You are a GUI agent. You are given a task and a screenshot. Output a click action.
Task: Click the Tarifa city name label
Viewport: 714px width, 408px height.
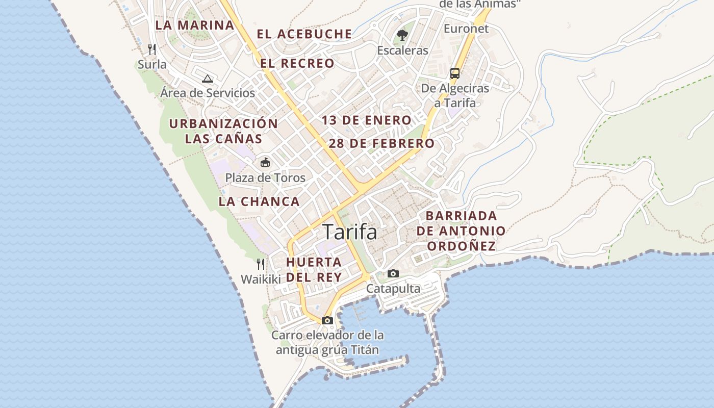(x=350, y=232)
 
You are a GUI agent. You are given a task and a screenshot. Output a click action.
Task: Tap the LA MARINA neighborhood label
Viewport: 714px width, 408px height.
(x=195, y=24)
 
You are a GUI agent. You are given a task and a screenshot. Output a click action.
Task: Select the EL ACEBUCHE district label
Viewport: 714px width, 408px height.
(x=304, y=34)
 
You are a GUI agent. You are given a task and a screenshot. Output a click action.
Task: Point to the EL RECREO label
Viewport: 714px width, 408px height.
(x=297, y=64)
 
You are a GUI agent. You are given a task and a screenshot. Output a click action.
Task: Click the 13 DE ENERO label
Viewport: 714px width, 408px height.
(x=366, y=120)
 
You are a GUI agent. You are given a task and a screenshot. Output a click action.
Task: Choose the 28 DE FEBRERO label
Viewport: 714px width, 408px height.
(x=381, y=143)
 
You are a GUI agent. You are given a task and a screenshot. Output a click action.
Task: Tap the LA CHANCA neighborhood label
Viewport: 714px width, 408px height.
(x=259, y=201)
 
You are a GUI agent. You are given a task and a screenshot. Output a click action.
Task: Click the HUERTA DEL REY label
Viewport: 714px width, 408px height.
(x=314, y=269)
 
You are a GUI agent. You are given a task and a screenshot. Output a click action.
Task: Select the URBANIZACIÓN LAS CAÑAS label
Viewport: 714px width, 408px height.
(x=223, y=131)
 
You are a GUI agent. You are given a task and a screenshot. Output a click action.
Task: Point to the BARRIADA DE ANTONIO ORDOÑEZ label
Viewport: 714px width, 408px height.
(x=461, y=231)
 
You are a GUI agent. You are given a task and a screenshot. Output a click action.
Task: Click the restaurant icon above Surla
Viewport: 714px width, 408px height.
(x=151, y=49)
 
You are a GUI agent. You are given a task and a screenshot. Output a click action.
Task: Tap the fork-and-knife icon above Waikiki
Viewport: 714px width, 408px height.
(x=261, y=264)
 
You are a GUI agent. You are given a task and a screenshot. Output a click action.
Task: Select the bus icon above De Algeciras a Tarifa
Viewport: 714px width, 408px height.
(x=455, y=73)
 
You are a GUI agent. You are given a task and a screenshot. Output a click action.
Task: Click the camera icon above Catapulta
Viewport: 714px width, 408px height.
(x=393, y=274)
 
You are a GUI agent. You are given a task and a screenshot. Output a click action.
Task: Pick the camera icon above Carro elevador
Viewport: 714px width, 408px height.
(x=327, y=321)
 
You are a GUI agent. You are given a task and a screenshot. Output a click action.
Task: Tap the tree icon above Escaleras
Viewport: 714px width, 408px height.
(x=402, y=35)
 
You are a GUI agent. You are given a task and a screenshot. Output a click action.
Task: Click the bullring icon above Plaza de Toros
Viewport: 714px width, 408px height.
(x=265, y=163)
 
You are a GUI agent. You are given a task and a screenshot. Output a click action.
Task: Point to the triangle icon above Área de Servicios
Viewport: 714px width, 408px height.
(x=207, y=79)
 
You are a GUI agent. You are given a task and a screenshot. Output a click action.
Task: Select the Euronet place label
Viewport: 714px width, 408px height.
(x=466, y=29)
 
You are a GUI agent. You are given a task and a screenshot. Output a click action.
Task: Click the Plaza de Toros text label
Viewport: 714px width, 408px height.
(x=265, y=178)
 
